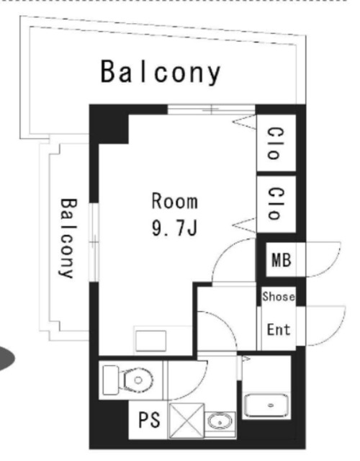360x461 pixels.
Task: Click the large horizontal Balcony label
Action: pyautogui.click(x=161, y=72)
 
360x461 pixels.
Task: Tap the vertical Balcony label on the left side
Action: pyautogui.click(x=68, y=238)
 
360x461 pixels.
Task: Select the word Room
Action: pyautogui.click(x=174, y=201)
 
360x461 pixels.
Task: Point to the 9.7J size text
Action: pyautogui.click(x=174, y=228)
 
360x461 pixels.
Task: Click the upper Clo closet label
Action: pyautogui.click(x=276, y=143)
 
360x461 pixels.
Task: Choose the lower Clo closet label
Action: pyautogui.click(x=276, y=203)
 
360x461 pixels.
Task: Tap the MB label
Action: pyautogui.click(x=282, y=260)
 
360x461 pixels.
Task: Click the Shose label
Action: pyautogui.click(x=279, y=296)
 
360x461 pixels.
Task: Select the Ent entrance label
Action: pyautogui.click(x=279, y=329)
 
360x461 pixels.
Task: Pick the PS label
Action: pyautogui.click(x=149, y=419)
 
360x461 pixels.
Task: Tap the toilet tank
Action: pyautogui.click(x=111, y=380)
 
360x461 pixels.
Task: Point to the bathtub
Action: pyautogui.click(x=266, y=405)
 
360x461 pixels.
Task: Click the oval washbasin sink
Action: pyautogui.click(x=220, y=421)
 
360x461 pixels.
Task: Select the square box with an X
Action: pyautogui.click(x=186, y=421)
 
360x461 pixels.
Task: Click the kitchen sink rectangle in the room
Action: pyautogui.click(x=150, y=341)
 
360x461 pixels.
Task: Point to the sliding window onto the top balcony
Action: pyautogui.click(x=211, y=109)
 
